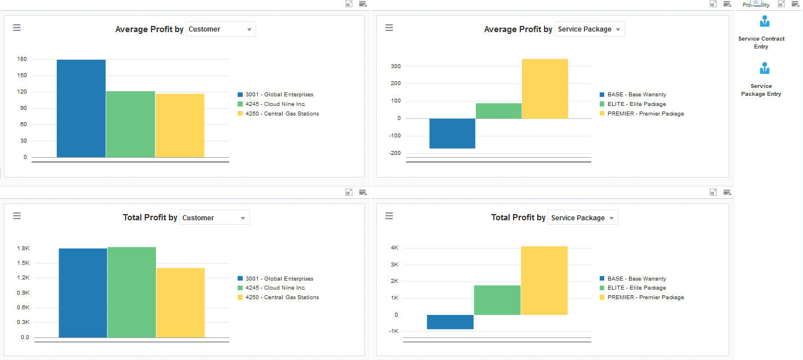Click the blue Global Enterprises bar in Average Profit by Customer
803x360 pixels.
81,108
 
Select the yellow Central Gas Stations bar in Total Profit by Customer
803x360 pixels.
180,303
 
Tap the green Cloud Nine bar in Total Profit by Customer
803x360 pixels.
132,292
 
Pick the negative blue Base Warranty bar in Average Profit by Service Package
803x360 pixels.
452,134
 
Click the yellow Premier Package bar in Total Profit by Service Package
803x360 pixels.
544,280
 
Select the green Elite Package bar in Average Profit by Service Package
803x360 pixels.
498,111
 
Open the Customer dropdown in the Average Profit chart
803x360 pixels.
221,29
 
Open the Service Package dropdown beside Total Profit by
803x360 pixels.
583,218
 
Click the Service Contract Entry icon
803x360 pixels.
764,23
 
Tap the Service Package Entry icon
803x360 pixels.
764,69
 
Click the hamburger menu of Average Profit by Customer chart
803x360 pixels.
17,28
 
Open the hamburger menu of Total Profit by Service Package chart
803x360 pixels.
389,216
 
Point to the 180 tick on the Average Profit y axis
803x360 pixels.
22,59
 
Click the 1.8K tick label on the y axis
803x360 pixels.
23,248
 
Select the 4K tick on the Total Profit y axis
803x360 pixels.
394,248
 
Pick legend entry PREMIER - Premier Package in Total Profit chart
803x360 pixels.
645,297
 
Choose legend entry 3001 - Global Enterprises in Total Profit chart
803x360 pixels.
279,279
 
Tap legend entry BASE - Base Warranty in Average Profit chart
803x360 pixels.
636,95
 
